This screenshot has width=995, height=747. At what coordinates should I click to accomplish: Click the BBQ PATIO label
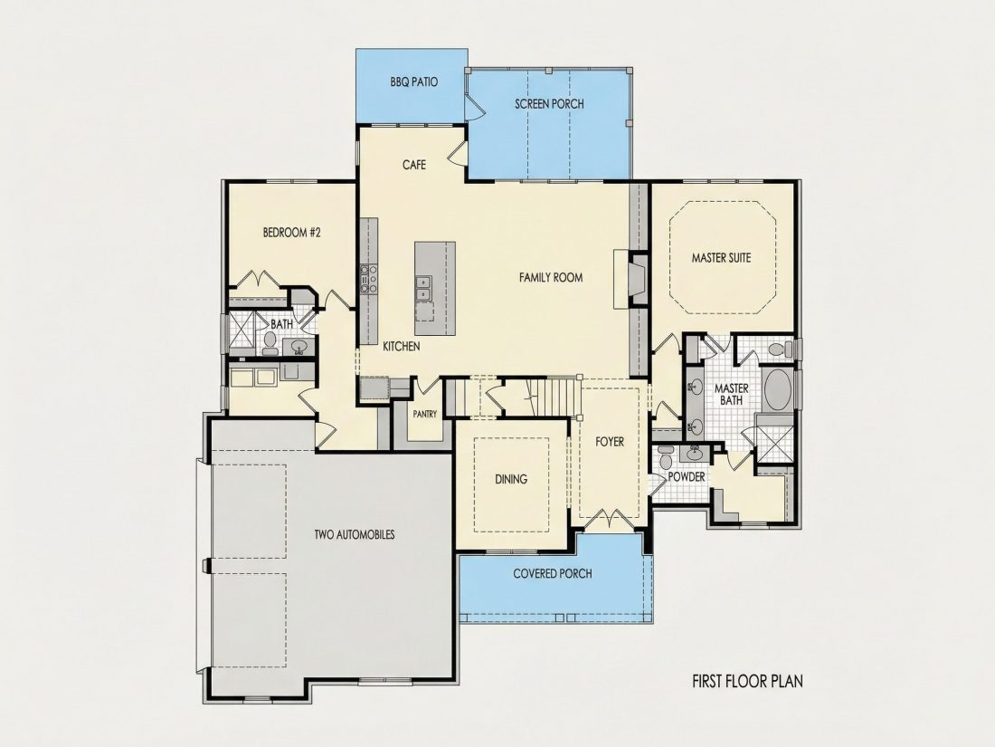[x=413, y=81]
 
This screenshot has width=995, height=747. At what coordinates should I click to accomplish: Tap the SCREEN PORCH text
[x=549, y=103]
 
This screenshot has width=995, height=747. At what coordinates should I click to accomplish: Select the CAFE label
[x=413, y=165]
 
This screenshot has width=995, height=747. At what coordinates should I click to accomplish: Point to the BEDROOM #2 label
[x=292, y=233]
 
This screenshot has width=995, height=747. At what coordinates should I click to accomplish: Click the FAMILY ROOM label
[x=551, y=278]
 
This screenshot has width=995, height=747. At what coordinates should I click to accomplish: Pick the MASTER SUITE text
[x=722, y=258]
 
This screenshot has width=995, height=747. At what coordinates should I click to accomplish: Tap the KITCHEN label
[x=401, y=347]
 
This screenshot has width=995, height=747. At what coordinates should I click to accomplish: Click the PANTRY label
[x=424, y=414]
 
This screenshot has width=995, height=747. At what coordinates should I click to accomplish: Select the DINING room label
[x=511, y=479]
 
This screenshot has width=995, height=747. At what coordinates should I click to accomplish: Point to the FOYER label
[x=609, y=442]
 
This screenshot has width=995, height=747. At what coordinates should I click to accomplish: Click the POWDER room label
[x=687, y=477]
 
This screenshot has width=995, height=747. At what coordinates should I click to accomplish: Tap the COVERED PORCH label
[x=552, y=573]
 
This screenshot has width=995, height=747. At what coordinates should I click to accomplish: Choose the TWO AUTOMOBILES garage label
[x=354, y=535]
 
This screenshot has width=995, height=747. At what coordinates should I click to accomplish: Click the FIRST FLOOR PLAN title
[x=747, y=682]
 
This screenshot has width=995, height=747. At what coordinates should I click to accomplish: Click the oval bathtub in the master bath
[x=777, y=389]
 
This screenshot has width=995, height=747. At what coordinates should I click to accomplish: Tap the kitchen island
[x=435, y=288]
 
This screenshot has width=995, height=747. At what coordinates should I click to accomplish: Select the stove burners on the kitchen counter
[x=369, y=279]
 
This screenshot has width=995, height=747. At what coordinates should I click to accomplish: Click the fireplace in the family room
[x=630, y=279]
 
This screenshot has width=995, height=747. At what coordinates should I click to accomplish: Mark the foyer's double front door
[x=609, y=518]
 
